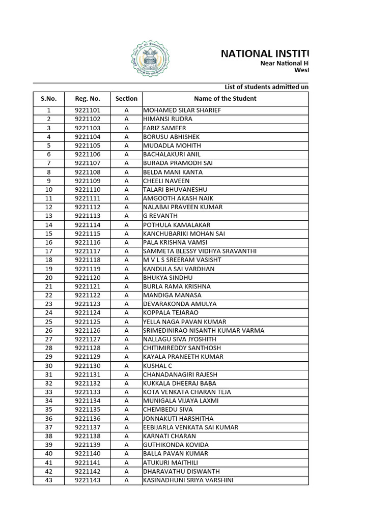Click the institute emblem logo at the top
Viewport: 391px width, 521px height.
150,59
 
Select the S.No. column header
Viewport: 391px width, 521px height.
48,99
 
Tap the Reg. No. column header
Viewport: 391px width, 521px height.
88,99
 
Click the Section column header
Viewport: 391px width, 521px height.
126,99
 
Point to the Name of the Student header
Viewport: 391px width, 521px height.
225,99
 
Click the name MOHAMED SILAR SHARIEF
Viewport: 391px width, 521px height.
182,110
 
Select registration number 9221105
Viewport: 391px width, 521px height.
88,146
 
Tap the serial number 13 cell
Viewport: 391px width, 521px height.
48,216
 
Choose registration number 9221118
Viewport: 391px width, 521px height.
88,260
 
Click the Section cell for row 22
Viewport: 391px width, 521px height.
126,295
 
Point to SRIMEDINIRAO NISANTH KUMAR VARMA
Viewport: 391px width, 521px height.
204,331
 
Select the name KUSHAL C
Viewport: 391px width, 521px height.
158,366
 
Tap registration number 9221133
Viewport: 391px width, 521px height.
88,392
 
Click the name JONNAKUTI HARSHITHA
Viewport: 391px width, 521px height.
178,419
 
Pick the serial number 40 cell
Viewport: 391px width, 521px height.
48,454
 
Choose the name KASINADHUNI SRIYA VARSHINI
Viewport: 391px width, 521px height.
188,480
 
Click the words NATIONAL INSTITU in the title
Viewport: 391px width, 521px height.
265,54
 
